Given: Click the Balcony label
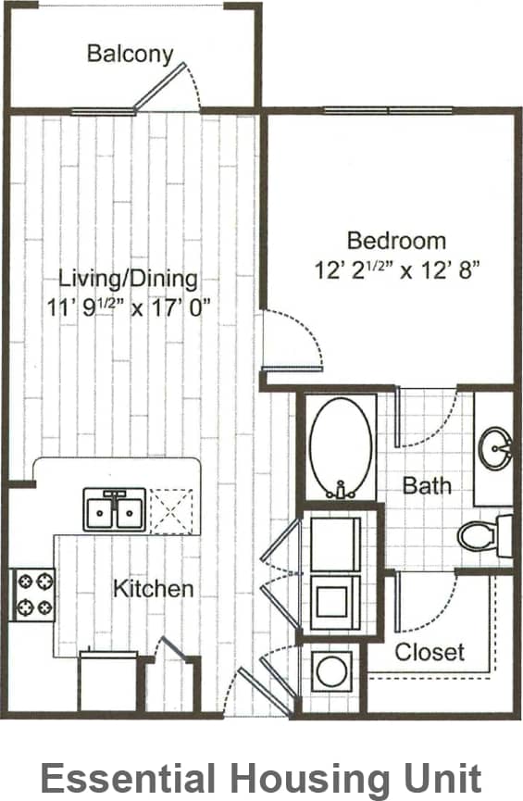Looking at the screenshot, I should (x=130, y=54).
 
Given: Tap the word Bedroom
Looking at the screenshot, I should (x=396, y=241).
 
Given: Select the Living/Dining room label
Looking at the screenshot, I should (x=128, y=278).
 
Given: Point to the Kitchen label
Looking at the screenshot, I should (x=154, y=588).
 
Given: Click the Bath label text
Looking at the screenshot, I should (x=428, y=485).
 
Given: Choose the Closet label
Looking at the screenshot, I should (x=430, y=651).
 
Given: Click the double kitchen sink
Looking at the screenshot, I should (x=114, y=509).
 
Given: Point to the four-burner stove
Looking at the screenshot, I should (x=32, y=594).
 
